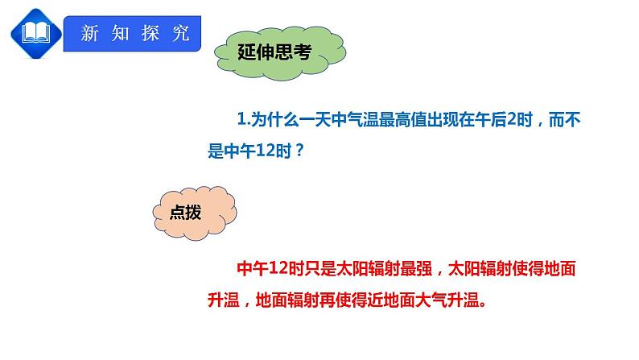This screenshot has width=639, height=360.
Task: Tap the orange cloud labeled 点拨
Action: pyautogui.click(x=194, y=212)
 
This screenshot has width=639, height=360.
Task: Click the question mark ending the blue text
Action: pyautogui.click(x=300, y=151)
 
